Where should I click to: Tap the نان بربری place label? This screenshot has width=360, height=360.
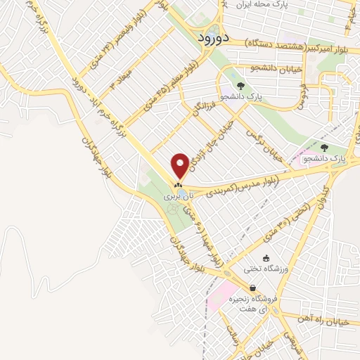[x=177, y=198]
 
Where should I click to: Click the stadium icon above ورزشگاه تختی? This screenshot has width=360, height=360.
[x=266, y=258]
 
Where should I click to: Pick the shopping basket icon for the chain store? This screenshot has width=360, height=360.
[x=252, y=288]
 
